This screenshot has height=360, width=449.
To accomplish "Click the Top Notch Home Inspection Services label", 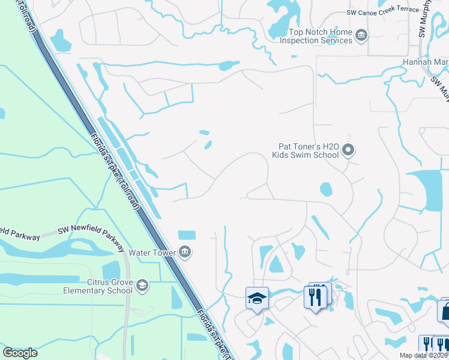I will click(320, 37).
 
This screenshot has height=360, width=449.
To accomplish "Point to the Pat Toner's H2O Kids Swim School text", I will click(309, 150).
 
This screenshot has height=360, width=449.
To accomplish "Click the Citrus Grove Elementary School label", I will click(98, 286).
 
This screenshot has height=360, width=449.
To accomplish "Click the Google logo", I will click(20, 352).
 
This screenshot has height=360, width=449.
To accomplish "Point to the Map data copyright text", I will click(415, 355).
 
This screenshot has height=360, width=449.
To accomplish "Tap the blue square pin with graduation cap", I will click(257, 298).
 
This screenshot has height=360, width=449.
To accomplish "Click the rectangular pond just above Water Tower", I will click(187, 235).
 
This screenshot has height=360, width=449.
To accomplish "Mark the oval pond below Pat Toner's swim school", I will click(325, 190).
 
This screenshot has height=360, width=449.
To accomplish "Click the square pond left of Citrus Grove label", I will click(111, 271).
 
